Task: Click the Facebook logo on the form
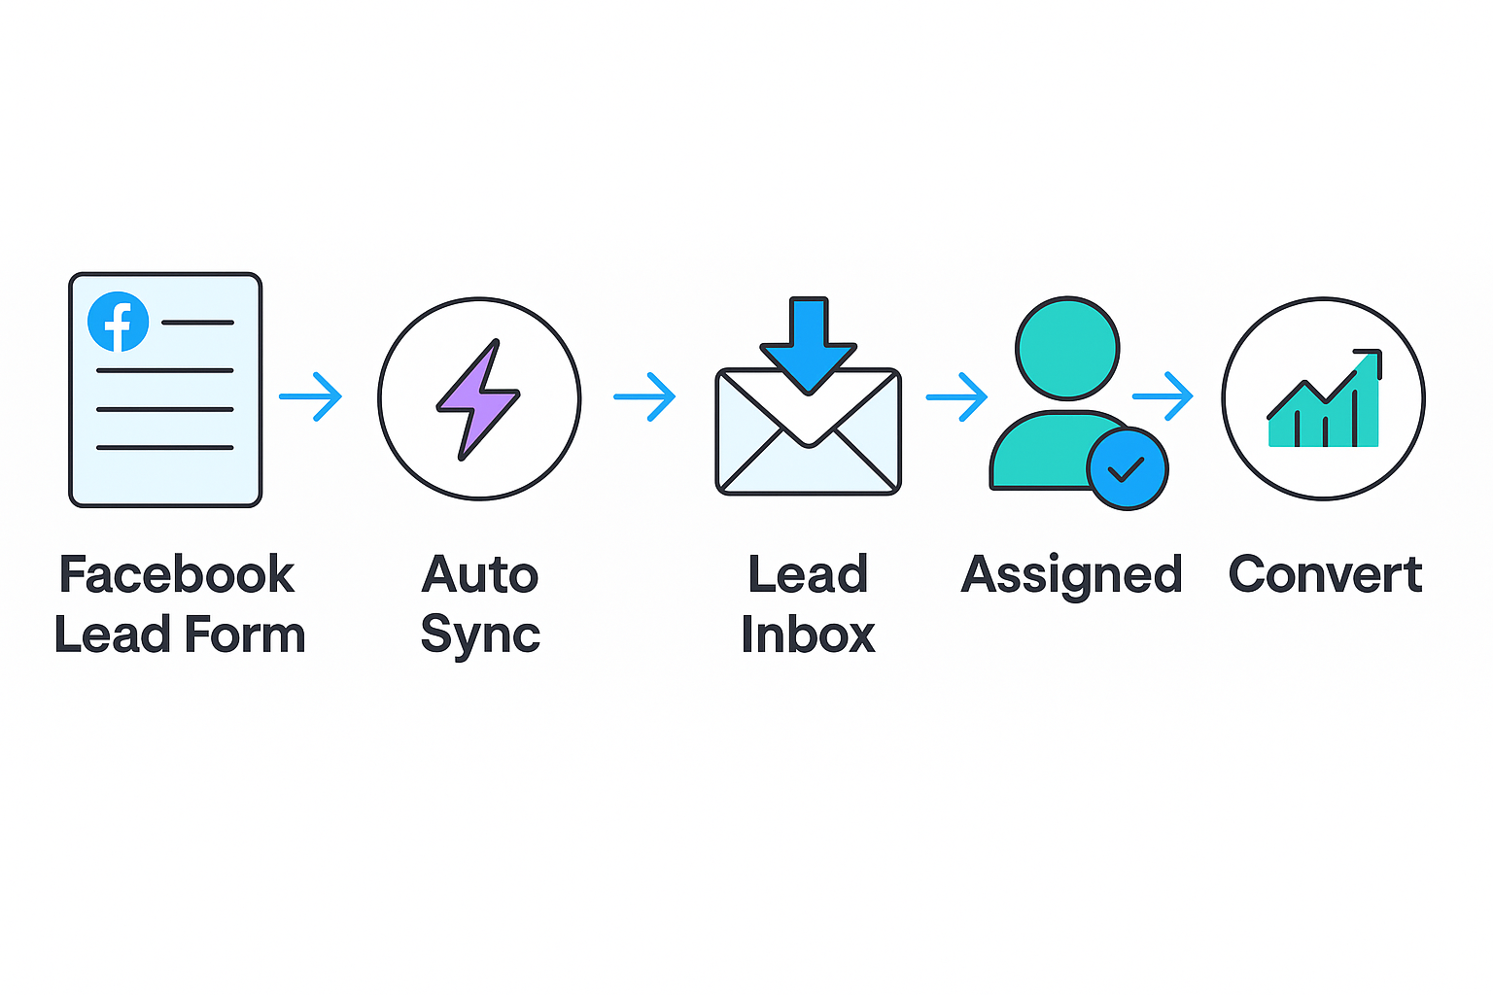click(118, 322)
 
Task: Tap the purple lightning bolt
click(477, 398)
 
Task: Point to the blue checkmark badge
click(1128, 469)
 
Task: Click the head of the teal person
click(1067, 348)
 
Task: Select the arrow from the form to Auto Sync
click(311, 396)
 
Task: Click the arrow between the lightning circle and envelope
click(644, 396)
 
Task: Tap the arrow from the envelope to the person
click(956, 396)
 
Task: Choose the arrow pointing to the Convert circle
click(1163, 396)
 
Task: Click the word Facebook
click(176, 574)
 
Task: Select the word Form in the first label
click(245, 635)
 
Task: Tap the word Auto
click(479, 574)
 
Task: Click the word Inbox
click(808, 635)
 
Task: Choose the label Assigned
click(1071, 576)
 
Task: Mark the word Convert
click(1325, 574)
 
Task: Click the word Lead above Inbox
click(808, 574)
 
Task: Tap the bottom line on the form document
click(164, 448)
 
